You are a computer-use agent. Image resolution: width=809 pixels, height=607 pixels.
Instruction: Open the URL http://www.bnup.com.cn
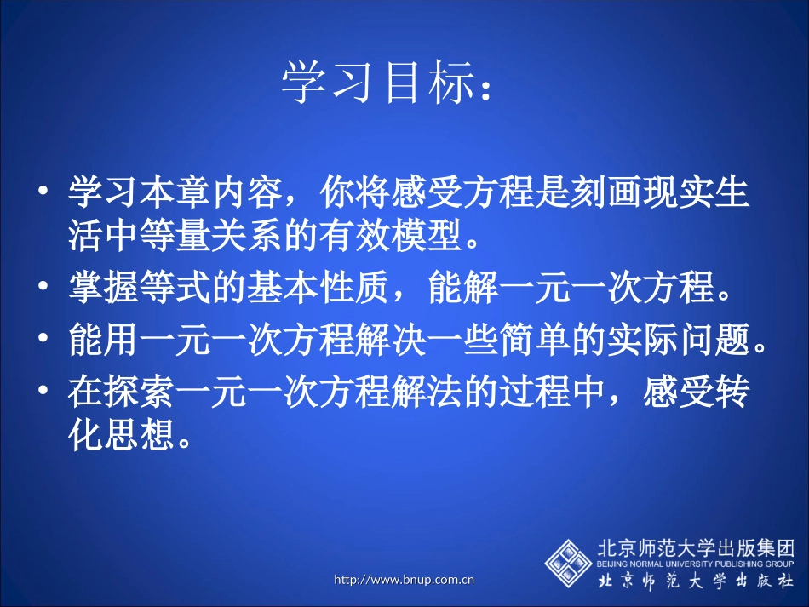[x=404, y=581]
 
